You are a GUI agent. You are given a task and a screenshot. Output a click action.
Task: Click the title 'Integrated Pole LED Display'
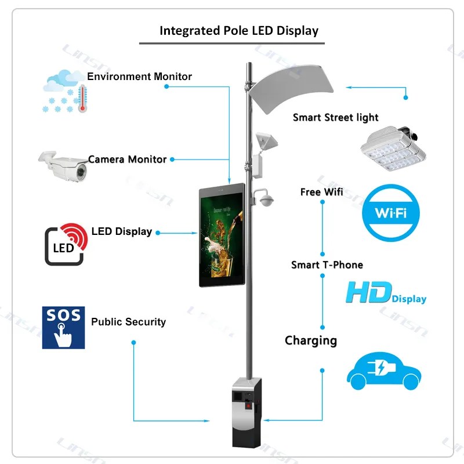pos(239,31)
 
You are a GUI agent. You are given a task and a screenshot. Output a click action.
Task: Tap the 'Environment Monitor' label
pos(139,77)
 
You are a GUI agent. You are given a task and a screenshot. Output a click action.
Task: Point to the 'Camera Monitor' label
pos(127,159)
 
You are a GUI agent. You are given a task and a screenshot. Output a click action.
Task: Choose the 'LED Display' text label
pos(122,231)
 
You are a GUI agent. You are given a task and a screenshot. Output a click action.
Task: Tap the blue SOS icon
pos(63,327)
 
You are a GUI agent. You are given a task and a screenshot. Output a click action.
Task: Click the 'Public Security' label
pos(128,322)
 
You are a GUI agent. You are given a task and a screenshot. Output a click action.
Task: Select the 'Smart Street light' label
pos(335,118)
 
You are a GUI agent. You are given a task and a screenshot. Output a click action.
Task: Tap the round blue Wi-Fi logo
pos(391,212)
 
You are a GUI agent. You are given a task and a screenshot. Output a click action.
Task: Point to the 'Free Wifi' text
pos(318,192)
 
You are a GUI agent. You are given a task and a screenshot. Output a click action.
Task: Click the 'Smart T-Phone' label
pos(327,265)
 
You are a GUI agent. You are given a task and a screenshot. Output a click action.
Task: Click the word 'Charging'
pos(311,340)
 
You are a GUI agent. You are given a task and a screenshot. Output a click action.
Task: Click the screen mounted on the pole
pos(222,235)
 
